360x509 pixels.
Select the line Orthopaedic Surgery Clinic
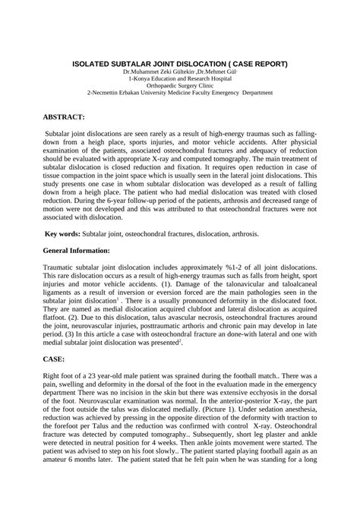[x=180, y=86]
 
